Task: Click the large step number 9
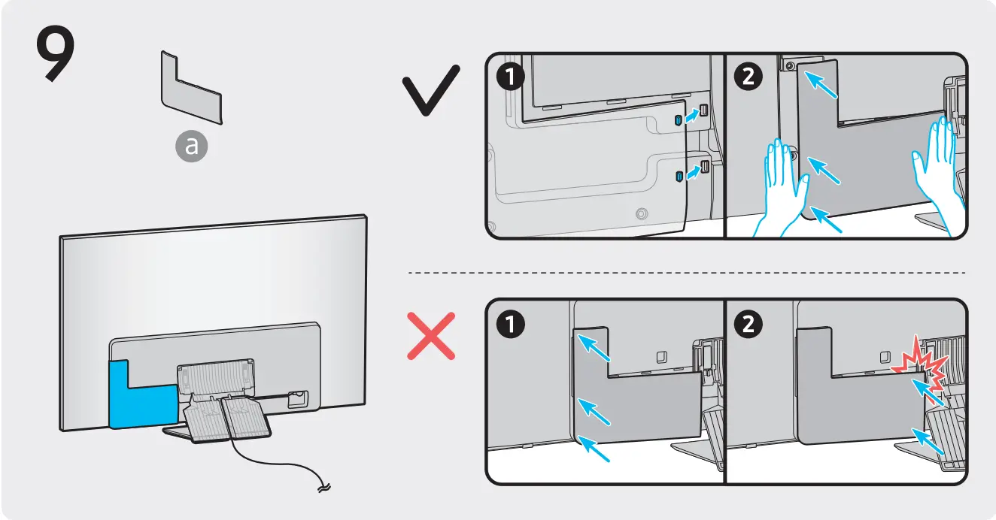point(54,56)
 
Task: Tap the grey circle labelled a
point(192,147)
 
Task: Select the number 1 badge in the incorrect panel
point(512,325)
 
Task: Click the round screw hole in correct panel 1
point(641,213)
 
